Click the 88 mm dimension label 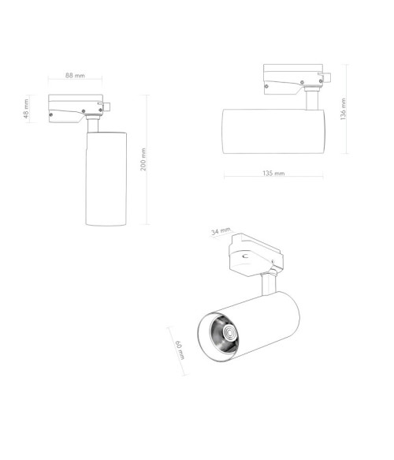(75, 76)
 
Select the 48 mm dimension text (26, 109)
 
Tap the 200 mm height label (143, 159)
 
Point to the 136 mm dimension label (344, 109)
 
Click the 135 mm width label (273, 173)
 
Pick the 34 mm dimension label (221, 231)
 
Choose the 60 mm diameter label (180, 350)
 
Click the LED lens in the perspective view (229, 333)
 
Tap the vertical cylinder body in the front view (106, 178)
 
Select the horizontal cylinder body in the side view (273, 131)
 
